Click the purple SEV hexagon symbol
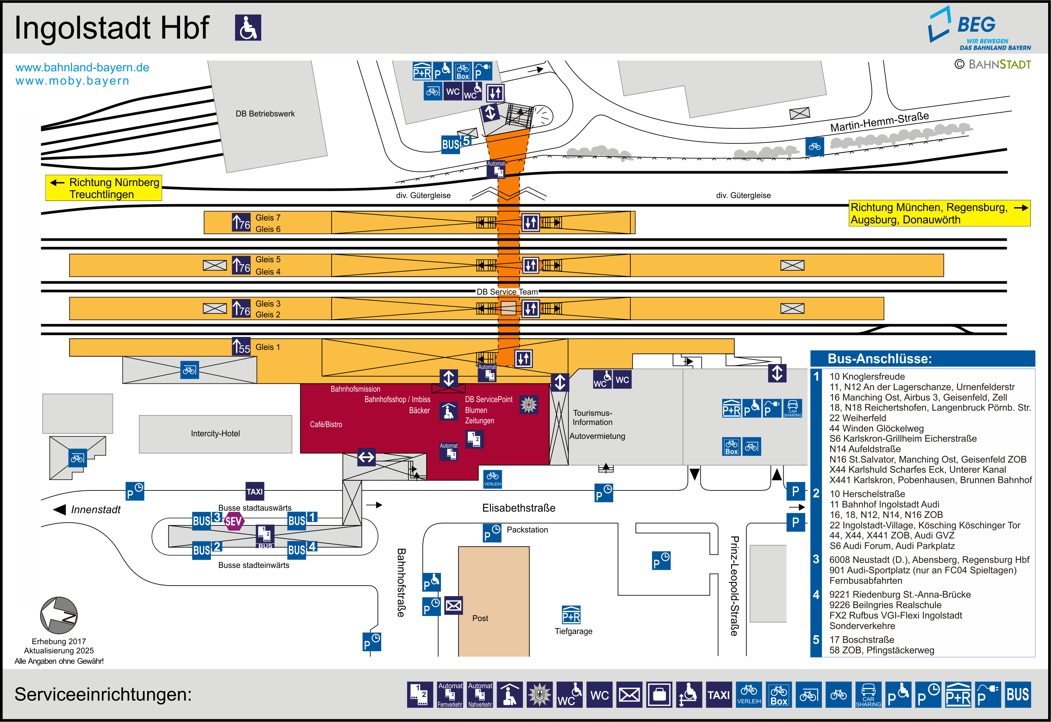pyautogui.click(x=234, y=521)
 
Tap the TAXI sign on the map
pyautogui.click(x=255, y=491)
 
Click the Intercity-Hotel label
pyautogui.click(x=215, y=433)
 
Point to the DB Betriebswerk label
pyautogui.click(x=265, y=114)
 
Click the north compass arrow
pyautogui.click(x=59, y=615)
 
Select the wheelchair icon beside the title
pyautogui.click(x=248, y=28)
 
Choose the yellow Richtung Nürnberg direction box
pyautogui.click(x=103, y=188)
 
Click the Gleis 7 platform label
pyautogui.click(x=268, y=218)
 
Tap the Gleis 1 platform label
pyautogui.click(x=268, y=347)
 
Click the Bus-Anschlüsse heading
pyautogui.click(x=880, y=359)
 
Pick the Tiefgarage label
pyautogui.click(x=574, y=631)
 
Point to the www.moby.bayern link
pyautogui.click(x=72, y=81)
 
